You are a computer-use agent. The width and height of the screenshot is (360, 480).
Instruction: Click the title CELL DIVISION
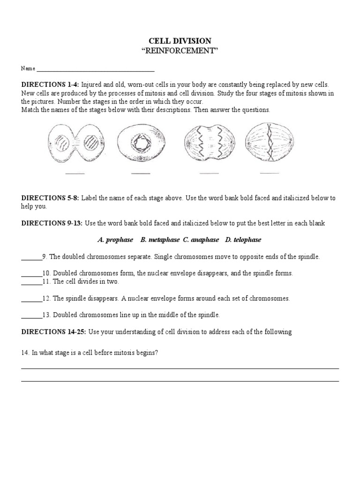click(180, 41)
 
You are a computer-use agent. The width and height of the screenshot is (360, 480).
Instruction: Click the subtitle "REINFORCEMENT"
click(180, 51)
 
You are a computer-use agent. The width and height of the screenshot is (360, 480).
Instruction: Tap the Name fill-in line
click(96, 70)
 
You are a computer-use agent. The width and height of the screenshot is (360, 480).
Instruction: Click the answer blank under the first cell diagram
click(75, 173)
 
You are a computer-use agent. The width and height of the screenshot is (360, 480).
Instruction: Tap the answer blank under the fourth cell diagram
click(270, 173)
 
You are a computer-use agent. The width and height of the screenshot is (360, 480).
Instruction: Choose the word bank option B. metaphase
click(159, 240)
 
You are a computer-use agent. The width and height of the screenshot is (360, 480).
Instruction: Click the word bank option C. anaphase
click(201, 240)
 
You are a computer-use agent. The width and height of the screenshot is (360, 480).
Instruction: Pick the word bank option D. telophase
click(243, 240)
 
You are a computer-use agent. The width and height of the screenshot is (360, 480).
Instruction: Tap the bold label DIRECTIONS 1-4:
click(51, 85)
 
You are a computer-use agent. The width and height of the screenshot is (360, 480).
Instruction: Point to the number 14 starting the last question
click(24, 353)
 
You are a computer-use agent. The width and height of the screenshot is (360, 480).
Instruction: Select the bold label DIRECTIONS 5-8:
click(51, 198)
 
